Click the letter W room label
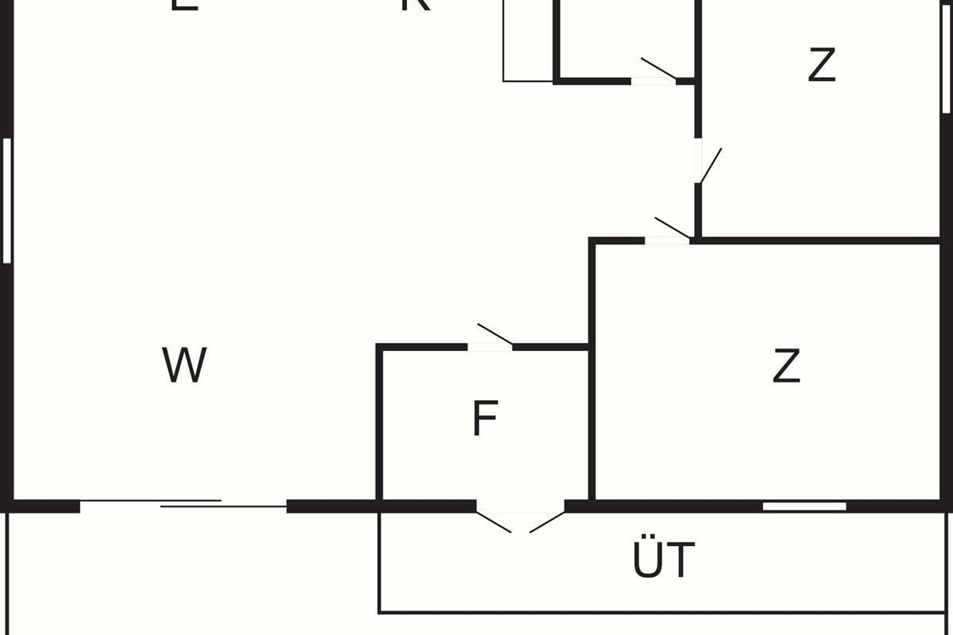coord(184,365)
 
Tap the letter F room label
coord(484,418)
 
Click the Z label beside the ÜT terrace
coord(785,366)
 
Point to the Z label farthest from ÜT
coord(822,65)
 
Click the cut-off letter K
coord(415,5)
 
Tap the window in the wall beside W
coord(7,200)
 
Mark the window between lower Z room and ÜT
coord(804,506)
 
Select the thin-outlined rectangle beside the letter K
coord(527,40)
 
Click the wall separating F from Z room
coord(592,421)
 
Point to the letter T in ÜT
coord(681,560)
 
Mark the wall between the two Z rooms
coord(818,240)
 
